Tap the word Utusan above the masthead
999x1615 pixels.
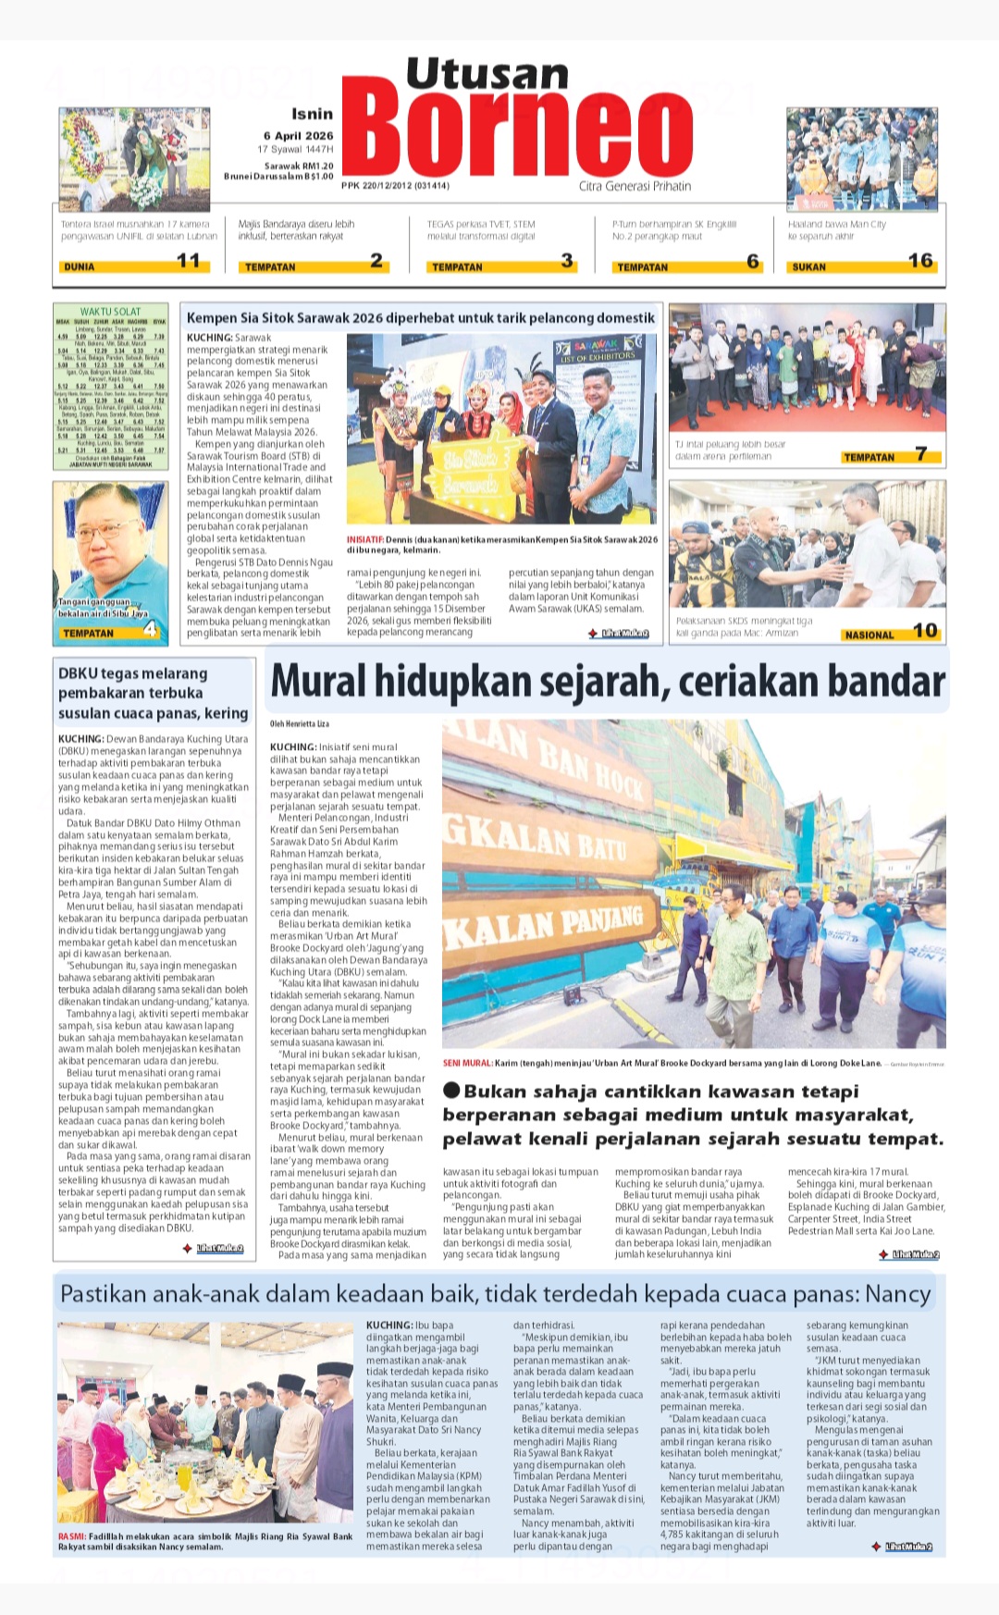(487, 73)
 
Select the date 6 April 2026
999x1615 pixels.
(298, 135)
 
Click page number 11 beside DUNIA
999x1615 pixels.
(189, 261)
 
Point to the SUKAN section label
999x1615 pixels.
(808, 266)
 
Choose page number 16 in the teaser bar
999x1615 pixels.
(920, 261)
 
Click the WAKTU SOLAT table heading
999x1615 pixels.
(110, 312)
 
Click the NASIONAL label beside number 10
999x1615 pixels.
(869, 635)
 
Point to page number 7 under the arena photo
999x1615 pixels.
(921, 453)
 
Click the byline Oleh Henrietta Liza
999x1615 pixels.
(300, 723)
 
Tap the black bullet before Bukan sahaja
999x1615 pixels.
(451, 1091)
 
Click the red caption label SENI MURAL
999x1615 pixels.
(467, 1064)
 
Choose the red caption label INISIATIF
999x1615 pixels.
(365, 539)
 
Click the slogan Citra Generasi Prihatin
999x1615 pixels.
(635, 186)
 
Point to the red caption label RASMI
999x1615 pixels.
(71, 1536)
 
